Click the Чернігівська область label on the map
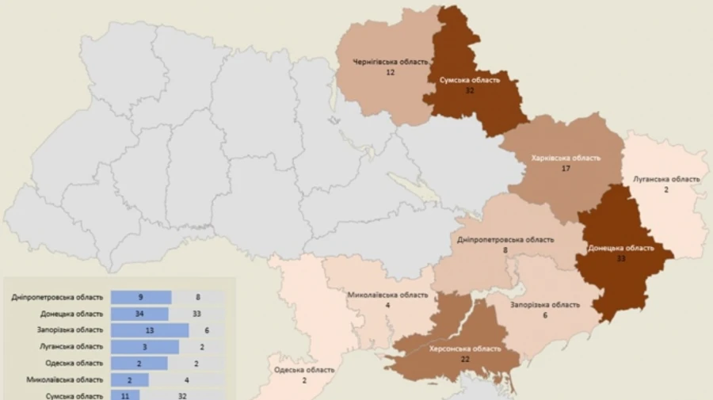point(391,62)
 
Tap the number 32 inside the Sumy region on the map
point(470,90)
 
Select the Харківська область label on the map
point(566,158)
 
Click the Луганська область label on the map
point(666,179)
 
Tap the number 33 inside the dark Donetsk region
point(621,258)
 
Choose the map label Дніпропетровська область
point(505,239)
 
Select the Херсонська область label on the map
point(464,349)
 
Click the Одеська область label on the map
point(304,370)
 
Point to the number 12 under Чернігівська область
point(391,72)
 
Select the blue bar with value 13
point(150,330)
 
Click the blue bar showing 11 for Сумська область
point(125,394)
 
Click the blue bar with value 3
point(145,347)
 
